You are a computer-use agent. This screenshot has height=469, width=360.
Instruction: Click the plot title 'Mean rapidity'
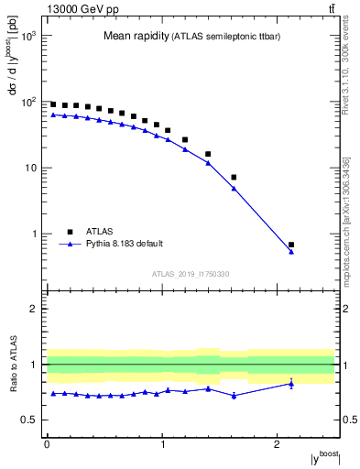[x=135, y=37]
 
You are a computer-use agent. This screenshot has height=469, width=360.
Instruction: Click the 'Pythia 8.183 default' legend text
[x=125, y=244]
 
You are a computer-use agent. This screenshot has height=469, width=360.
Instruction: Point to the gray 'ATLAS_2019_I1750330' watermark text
[x=190, y=274]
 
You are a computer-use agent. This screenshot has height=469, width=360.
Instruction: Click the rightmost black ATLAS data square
[x=291, y=245]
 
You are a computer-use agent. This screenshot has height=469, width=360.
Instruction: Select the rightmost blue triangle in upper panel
[x=291, y=251]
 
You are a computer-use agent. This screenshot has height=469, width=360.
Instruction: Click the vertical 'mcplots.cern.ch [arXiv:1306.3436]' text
[x=347, y=220]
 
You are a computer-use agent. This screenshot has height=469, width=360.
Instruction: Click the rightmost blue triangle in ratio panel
[x=291, y=384]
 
